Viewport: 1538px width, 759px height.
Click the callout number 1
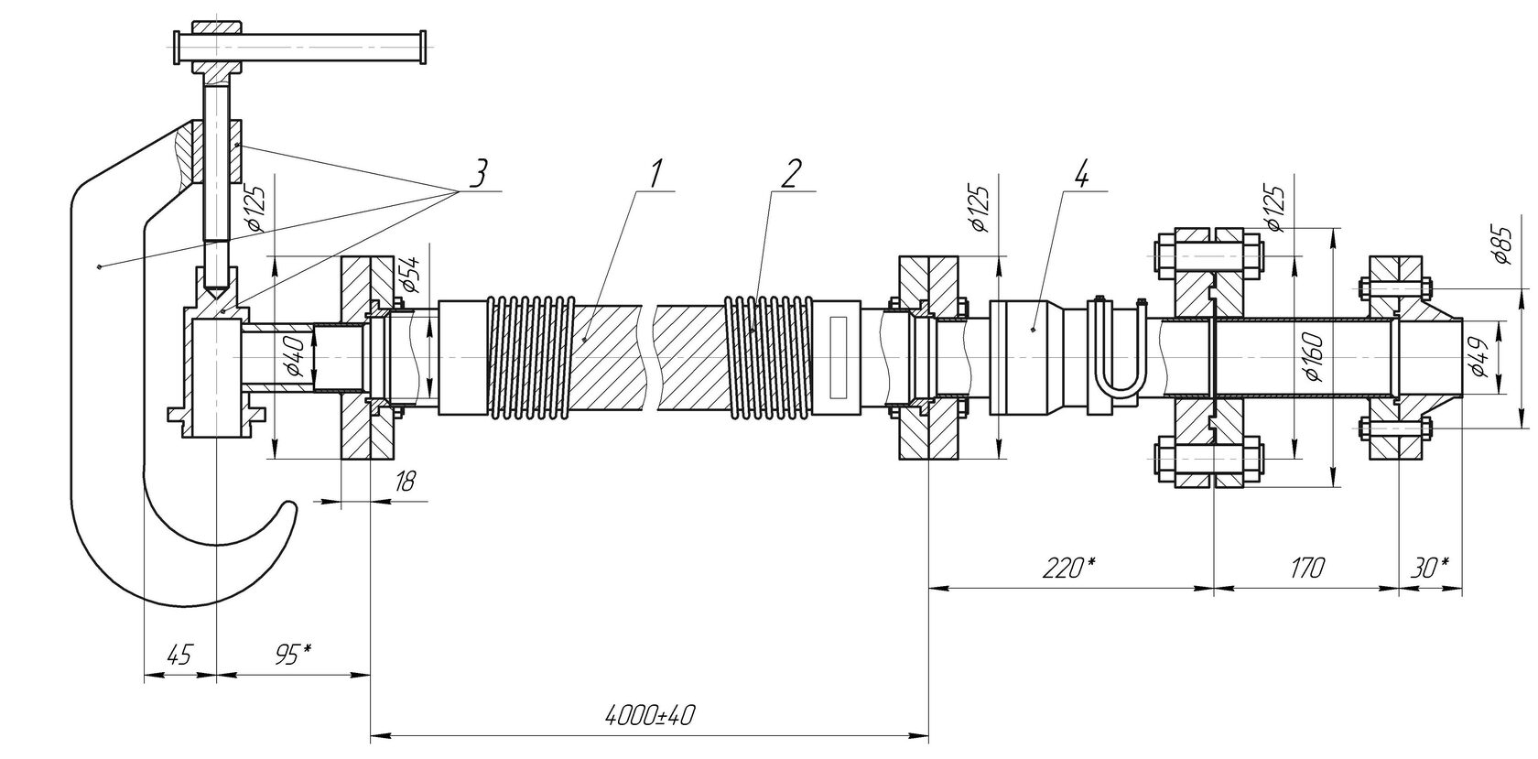click(656, 173)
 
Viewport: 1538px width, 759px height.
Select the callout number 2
click(791, 173)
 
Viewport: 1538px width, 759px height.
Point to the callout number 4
click(1080, 173)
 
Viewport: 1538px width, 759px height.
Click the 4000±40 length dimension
click(650, 716)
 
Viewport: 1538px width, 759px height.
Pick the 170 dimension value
click(1305, 568)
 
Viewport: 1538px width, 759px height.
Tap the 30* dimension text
click(1430, 568)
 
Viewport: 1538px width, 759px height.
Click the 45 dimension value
click(179, 656)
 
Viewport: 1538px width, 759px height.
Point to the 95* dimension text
click(293, 656)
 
